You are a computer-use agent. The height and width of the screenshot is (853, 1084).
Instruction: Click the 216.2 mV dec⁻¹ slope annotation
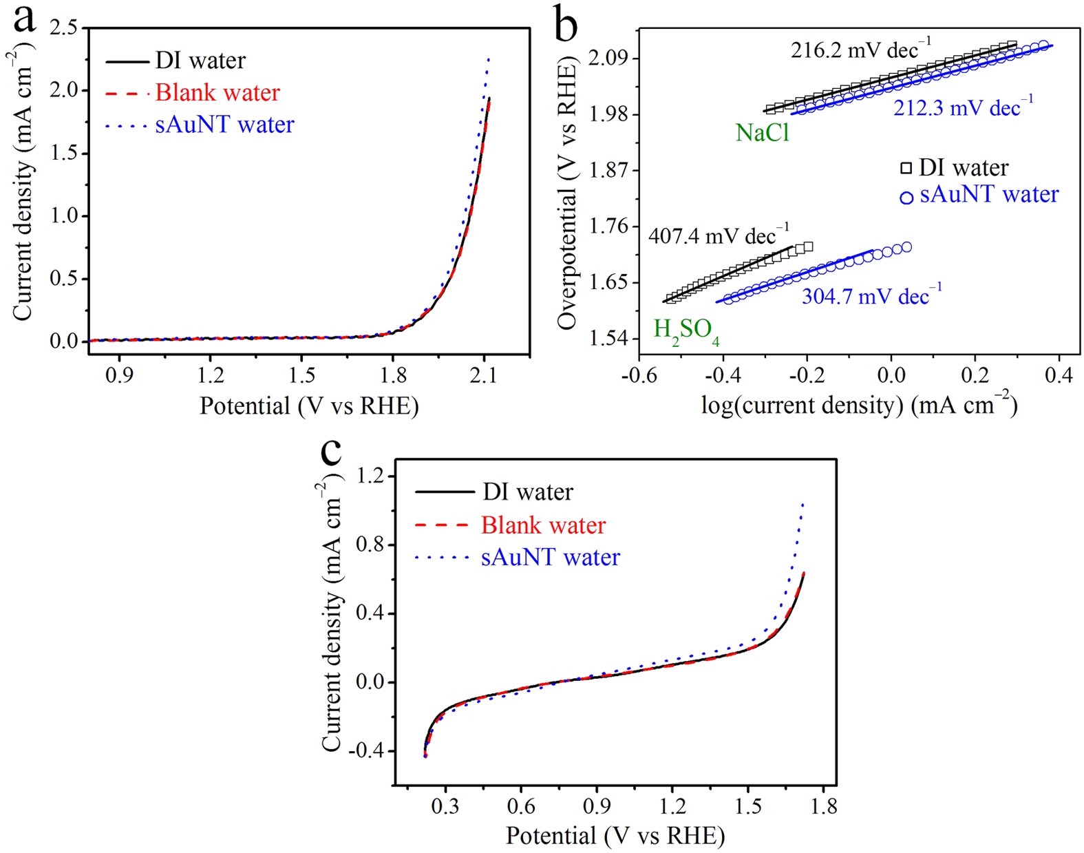point(860,50)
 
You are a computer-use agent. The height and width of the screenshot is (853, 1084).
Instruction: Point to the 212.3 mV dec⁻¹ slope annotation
point(963,107)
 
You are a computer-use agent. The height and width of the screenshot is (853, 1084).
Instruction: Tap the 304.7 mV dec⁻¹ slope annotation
point(871,296)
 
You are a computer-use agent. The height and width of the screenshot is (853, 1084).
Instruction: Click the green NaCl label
point(762,132)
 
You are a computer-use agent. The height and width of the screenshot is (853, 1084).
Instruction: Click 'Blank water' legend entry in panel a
point(217,92)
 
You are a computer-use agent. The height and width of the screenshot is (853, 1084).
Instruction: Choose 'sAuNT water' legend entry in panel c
point(550,557)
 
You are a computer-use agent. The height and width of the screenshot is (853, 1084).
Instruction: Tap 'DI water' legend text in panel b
point(964,167)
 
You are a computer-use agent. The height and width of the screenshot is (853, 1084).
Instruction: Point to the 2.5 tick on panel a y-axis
point(65,28)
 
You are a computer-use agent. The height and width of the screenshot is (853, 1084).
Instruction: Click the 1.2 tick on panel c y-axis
point(372,476)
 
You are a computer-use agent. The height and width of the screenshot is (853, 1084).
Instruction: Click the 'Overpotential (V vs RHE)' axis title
point(567,196)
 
